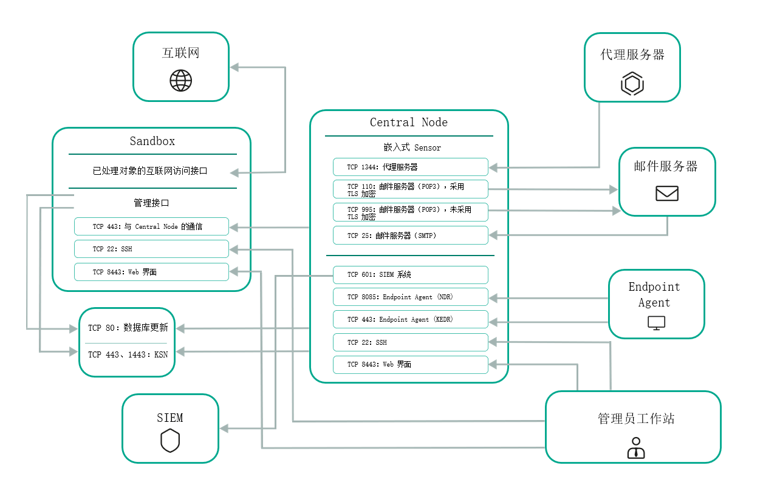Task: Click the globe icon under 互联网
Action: click(180, 80)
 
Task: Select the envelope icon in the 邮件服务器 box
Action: click(666, 194)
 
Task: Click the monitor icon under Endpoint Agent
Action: click(656, 323)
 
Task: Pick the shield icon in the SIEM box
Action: click(170, 441)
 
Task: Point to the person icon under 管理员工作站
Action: click(635, 447)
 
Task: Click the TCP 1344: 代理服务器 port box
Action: click(410, 167)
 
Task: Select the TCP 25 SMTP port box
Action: click(410, 236)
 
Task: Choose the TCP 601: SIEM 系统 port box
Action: click(410, 275)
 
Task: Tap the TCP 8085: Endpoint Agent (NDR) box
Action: click(410, 297)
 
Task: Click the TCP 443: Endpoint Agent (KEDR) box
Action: click(410, 319)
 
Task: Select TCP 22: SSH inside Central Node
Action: click(410, 342)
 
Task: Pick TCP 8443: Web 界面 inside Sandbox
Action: click(151, 272)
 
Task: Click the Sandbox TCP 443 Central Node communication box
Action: click(151, 226)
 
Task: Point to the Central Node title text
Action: click(408, 123)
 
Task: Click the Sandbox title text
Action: click(152, 141)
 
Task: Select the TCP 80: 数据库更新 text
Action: click(128, 328)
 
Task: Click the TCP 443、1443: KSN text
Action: click(128, 354)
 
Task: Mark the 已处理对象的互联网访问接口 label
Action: click(150, 171)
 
